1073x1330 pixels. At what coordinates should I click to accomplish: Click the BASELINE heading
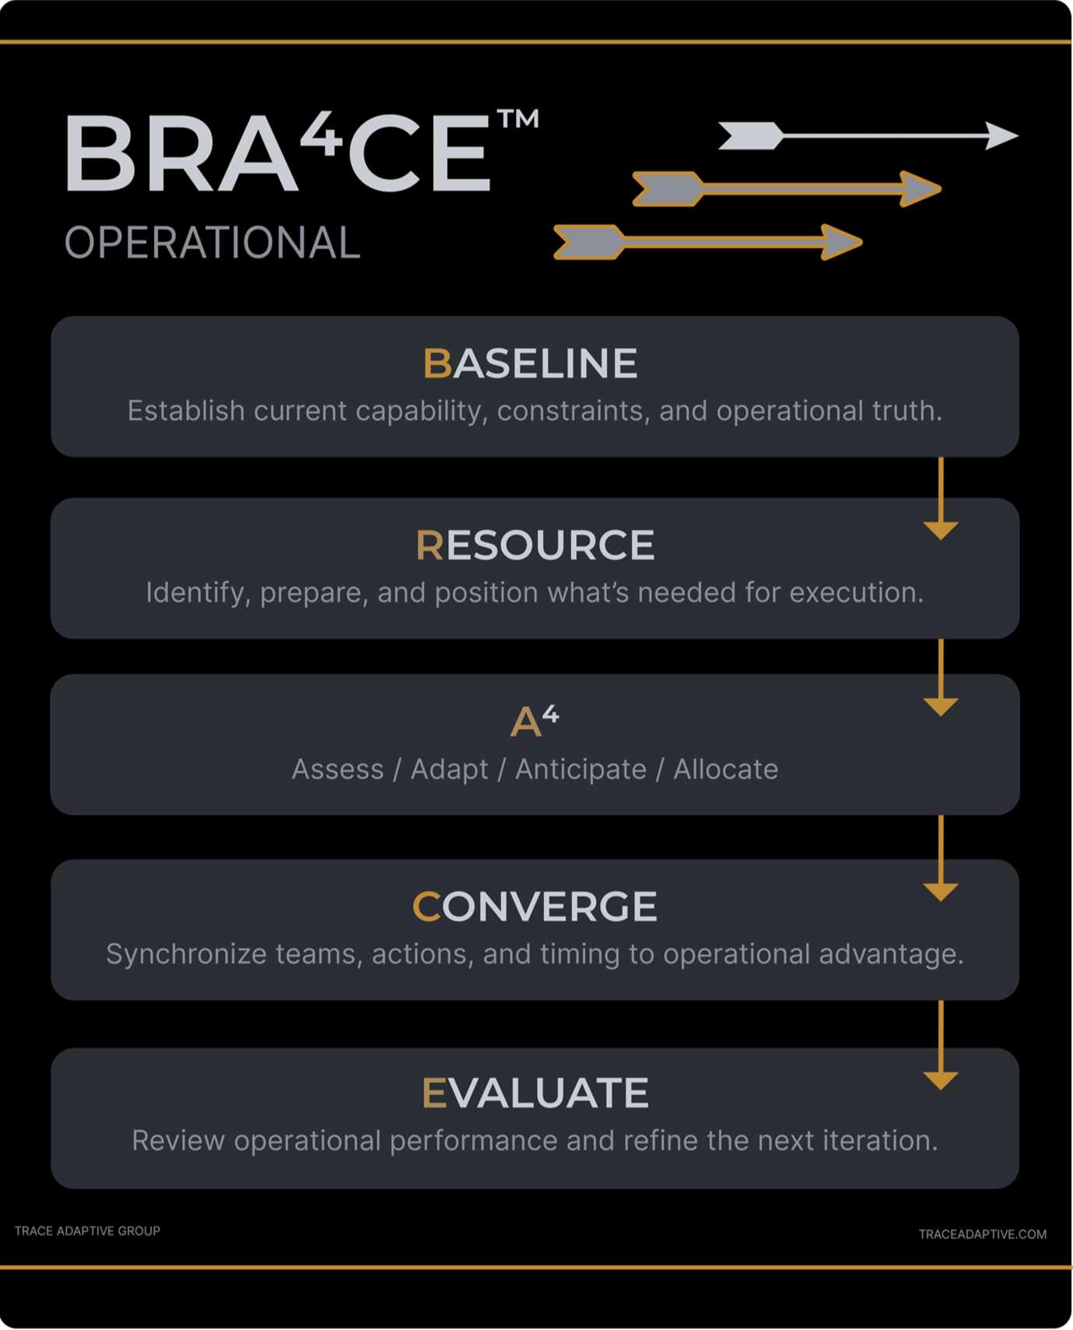click(530, 363)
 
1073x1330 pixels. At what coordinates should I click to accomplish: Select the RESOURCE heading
click(535, 545)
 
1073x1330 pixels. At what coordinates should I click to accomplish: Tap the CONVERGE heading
click(535, 907)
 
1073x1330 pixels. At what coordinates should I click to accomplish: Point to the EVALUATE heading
click(535, 1093)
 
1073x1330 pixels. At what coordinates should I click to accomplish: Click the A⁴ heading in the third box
click(534, 721)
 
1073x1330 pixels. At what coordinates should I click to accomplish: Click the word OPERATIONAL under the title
click(212, 243)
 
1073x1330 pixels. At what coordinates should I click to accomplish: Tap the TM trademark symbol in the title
click(517, 119)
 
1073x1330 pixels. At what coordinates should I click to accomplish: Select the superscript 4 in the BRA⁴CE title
click(321, 133)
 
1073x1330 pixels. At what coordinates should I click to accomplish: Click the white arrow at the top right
click(868, 135)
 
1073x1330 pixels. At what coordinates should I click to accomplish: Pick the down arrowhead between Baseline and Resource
click(941, 531)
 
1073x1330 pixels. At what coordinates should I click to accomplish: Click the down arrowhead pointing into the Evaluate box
click(941, 1080)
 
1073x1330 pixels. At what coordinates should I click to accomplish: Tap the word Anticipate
click(580, 770)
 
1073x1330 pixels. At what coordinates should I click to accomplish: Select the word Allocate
click(725, 770)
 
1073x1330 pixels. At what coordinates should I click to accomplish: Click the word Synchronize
click(186, 954)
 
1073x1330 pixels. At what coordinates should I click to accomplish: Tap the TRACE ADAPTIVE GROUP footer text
click(87, 1230)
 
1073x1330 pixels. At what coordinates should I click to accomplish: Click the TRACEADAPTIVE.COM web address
click(982, 1234)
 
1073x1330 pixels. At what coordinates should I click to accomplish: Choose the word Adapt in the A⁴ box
click(449, 770)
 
